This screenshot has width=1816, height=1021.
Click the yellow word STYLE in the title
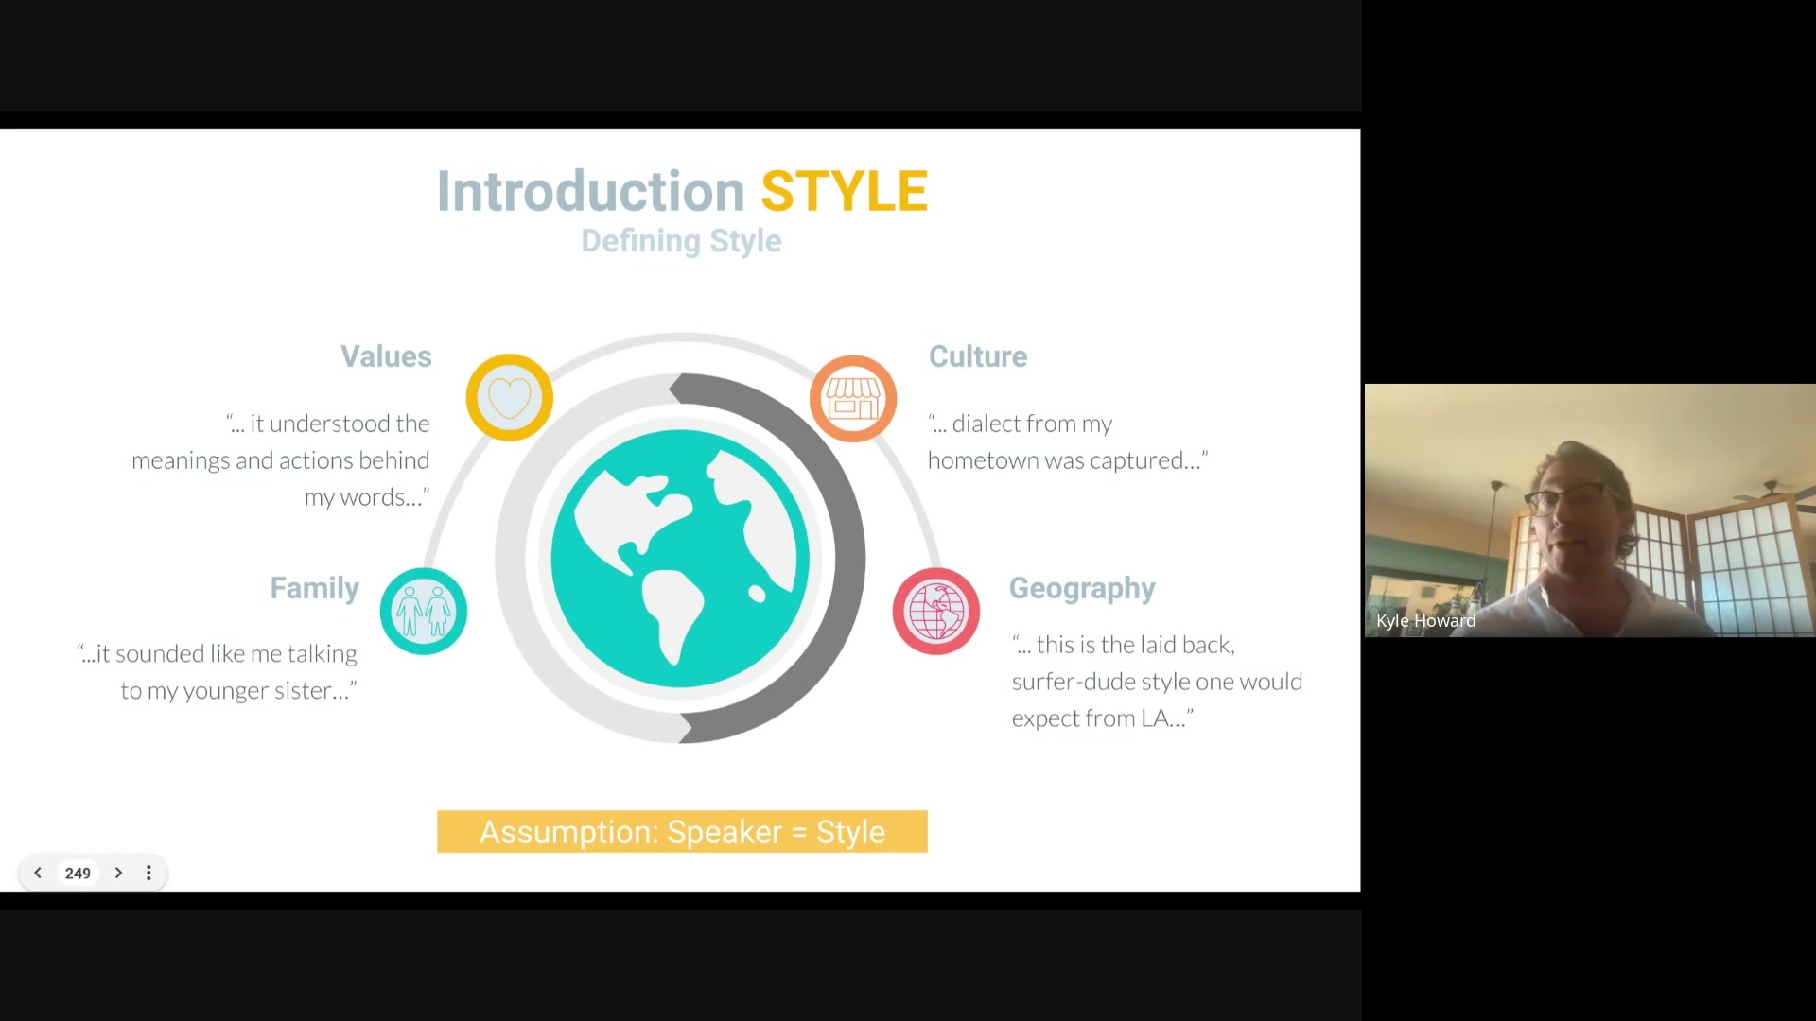click(x=844, y=191)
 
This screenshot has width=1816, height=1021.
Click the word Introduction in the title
click(x=591, y=191)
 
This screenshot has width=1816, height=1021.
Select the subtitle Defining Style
click(x=681, y=241)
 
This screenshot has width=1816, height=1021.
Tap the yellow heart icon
click(x=509, y=397)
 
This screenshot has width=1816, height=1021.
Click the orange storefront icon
click(x=853, y=398)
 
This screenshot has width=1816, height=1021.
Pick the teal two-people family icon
click(x=424, y=611)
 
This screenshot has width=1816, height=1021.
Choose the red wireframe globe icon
click(x=936, y=611)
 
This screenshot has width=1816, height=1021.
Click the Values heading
click(x=386, y=356)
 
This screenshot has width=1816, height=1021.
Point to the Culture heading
click(x=977, y=356)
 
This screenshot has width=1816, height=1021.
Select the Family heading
click(x=315, y=588)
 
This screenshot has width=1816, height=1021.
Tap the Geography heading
click(x=1082, y=589)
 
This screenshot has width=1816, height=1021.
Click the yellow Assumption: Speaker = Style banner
click(x=682, y=832)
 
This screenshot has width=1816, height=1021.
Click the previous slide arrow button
click(x=38, y=873)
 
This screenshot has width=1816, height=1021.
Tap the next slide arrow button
click(x=118, y=873)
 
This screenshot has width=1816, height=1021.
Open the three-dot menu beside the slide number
click(x=148, y=873)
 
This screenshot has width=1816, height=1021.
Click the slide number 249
click(x=78, y=874)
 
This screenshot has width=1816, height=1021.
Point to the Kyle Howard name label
click(x=1425, y=621)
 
